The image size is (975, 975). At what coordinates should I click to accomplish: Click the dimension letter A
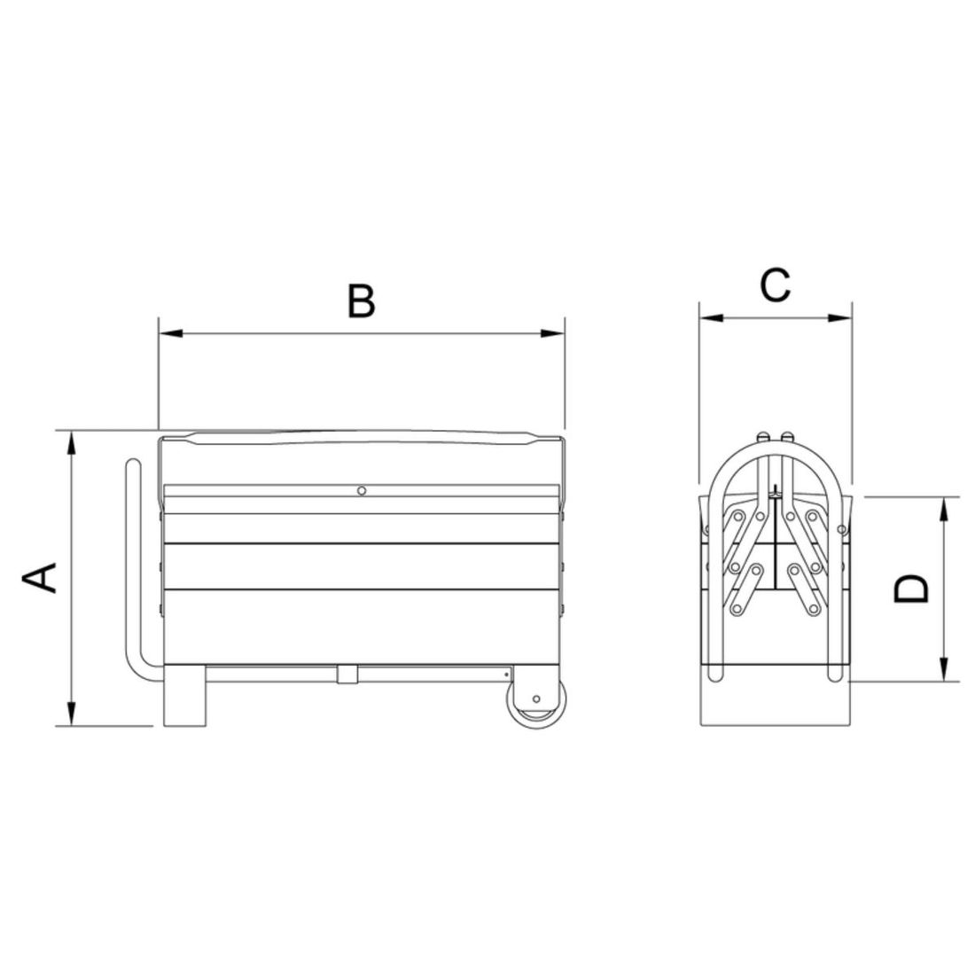[x=40, y=578]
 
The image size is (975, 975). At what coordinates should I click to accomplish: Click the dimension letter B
[x=361, y=301]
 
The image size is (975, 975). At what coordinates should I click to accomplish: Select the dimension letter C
[x=775, y=285]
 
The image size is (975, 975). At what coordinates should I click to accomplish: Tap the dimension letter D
[x=910, y=589]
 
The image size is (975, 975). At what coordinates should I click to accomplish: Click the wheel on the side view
[x=537, y=703]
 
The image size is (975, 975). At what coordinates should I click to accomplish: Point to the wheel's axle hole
[x=536, y=699]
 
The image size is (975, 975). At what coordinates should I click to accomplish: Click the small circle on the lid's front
[x=362, y=491]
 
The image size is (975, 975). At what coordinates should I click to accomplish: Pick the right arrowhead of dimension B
[x=553, y=333]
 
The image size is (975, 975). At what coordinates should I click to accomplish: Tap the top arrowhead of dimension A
[x=72, y=442]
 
